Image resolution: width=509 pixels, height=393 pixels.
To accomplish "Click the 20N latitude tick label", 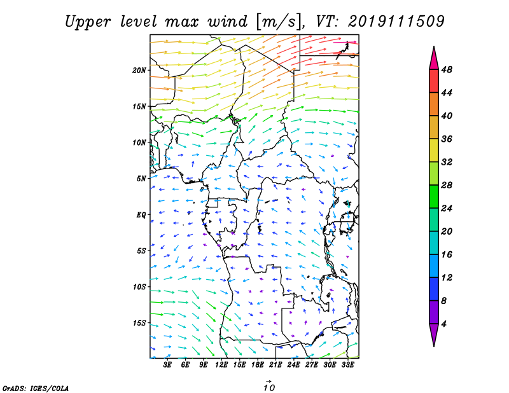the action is point(139,71).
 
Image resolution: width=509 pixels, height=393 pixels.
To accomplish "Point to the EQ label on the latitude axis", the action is point(141,215).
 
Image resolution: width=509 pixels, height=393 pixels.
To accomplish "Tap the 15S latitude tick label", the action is point(139,323).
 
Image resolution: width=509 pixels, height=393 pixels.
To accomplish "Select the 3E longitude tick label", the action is point(167,365).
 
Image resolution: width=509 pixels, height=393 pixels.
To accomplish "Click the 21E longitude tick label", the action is point(275,365).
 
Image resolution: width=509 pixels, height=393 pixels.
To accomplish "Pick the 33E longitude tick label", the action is point(347,365).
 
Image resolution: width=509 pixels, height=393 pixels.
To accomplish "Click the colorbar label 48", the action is point(447,70).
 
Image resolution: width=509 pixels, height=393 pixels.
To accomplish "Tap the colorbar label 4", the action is point(444,324).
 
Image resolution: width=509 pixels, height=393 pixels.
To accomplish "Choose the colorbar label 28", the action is point(447,185).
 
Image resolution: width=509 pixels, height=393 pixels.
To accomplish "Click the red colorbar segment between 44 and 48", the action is point(434,81).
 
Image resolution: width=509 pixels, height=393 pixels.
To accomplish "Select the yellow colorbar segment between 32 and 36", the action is point(434,150).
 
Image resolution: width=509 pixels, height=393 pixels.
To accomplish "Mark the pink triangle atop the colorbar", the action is point(434,59).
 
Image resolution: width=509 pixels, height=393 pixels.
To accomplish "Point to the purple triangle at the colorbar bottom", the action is point(434,335).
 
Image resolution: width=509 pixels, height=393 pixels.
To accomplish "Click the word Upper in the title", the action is point(88,22).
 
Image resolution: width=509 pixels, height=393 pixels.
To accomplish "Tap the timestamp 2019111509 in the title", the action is point(396,22).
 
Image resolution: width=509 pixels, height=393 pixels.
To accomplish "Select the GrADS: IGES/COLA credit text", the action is point(36,389).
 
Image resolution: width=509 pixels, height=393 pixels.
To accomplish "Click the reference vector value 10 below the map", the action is point(268,387).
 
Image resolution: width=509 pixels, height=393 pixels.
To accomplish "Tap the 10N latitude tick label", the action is point(139,143).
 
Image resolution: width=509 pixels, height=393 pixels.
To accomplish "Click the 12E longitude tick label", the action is point(221,365).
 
